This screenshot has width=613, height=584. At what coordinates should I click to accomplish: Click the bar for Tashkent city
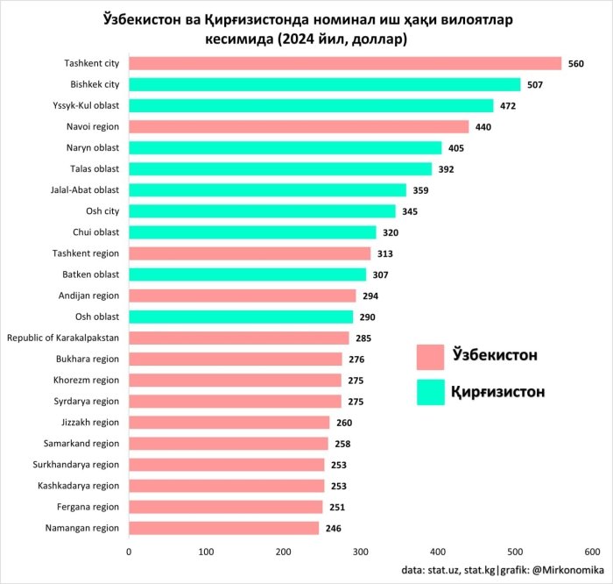(345, 63)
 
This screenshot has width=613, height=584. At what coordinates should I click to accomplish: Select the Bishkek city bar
(325, 84)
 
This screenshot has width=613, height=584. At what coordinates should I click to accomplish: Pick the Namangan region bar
(224, 528)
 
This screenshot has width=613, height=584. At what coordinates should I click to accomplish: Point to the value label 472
(508, 106)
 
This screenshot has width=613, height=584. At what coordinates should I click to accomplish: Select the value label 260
(344, 423)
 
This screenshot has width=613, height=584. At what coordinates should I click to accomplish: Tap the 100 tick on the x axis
(207, 552)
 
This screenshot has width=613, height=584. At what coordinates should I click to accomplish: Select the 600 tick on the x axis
(592, 552)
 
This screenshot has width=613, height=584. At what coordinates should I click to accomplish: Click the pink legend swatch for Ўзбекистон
(431, 357)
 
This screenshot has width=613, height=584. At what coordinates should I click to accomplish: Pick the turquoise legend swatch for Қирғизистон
(431, 391)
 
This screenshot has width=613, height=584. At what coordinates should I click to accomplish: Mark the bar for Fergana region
(226, 507)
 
